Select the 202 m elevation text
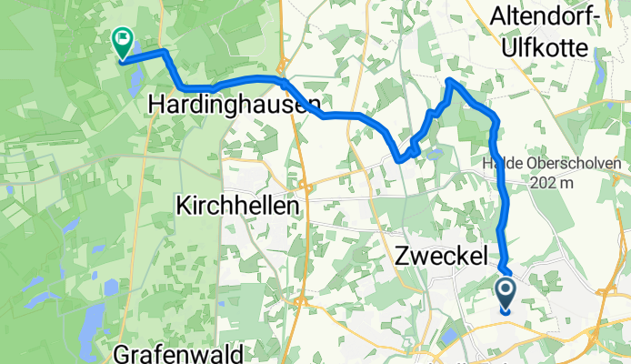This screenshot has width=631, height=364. [555, 183]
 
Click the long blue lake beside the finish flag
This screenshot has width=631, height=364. [134, 80]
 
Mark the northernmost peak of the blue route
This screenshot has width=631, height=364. [451, 81]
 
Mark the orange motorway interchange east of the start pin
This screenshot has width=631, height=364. [604, 291]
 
